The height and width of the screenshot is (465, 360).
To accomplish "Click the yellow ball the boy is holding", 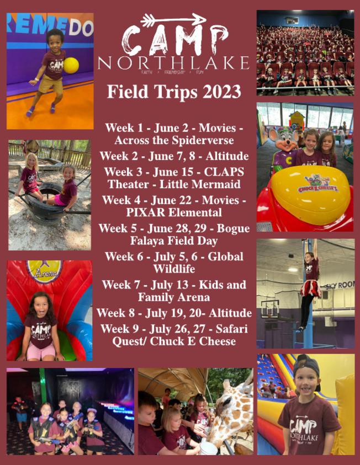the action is click(x=71, y=66).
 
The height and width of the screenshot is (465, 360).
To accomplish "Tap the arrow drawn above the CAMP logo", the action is click(x=173, y=20).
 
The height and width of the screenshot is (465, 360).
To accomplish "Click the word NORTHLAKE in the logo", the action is click(x=173, y=63).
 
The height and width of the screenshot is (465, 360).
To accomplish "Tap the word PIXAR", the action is click(x=146, y=212).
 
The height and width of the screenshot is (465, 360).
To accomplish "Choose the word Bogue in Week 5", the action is click(x=233, y=229).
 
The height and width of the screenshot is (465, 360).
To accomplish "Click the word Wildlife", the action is click(x=174, y=269).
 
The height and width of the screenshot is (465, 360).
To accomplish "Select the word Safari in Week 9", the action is click(x=232, y=329).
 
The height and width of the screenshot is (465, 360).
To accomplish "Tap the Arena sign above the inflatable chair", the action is click(x=45, y=271).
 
